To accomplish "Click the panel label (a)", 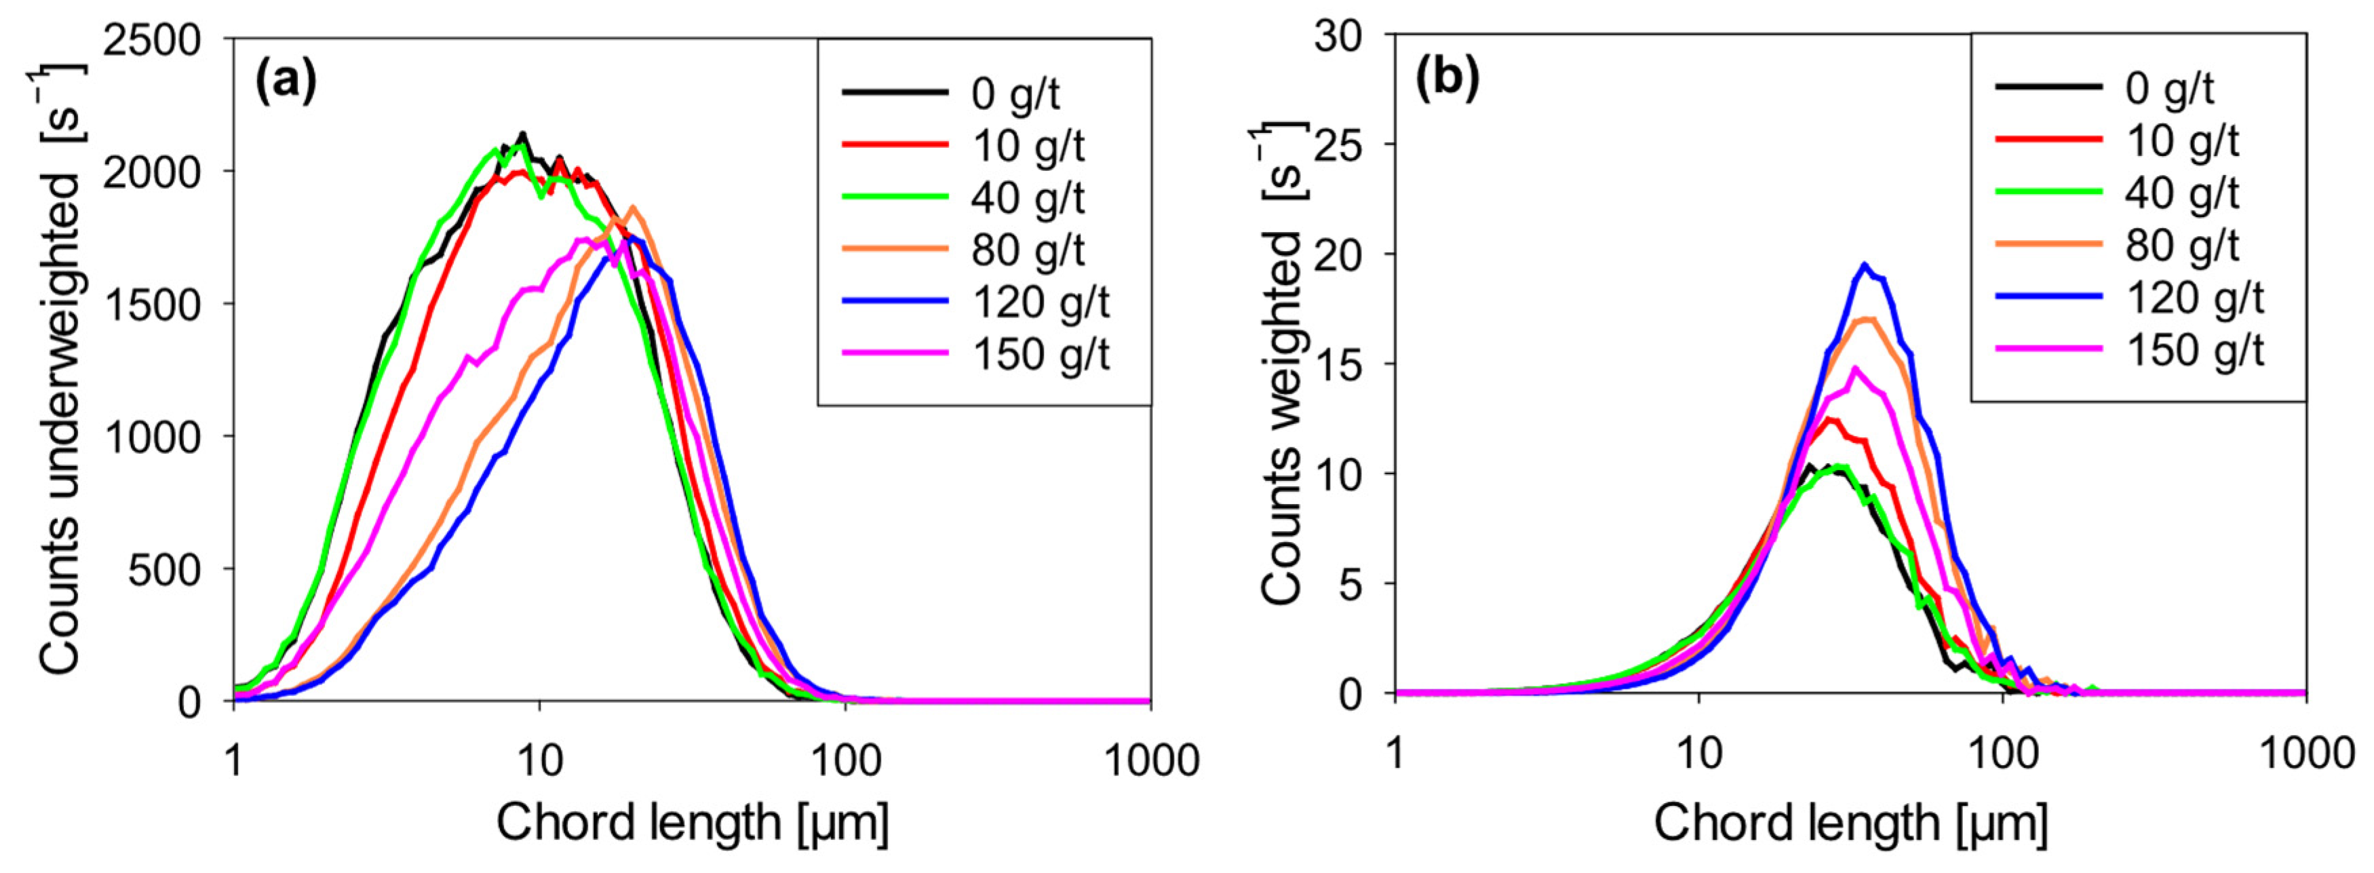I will pos(286,83).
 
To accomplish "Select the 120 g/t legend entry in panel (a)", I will pos(1040,303).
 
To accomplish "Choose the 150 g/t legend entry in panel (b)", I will pos(2194,350).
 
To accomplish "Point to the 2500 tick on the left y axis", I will pos(151,41).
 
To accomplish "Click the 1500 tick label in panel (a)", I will pos(151,304).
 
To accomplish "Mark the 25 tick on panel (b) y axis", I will pos(1351,144).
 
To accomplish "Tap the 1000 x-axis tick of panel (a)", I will pos(1150,760).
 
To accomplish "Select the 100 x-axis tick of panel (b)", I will pos(2002,754).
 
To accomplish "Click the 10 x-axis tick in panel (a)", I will pos(539,760).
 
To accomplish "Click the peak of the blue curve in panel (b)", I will pos(1865,265).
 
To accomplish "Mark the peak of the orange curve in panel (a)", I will pos(631,208).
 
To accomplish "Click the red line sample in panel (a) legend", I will pos(894,144).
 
